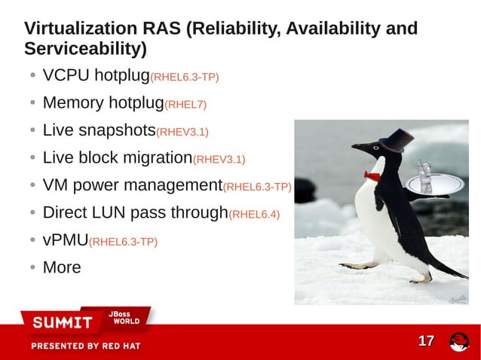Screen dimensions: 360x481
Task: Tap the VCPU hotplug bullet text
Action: [x=97, y=76]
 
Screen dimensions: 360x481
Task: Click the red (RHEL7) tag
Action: [x=185, y=104]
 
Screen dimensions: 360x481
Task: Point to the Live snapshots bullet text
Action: [x=99, y=130]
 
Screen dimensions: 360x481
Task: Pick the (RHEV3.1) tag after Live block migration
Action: [x=219, y=159]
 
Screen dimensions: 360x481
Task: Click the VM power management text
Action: [x=133, y=185]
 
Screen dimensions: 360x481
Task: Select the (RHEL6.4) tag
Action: [x=254, y=214]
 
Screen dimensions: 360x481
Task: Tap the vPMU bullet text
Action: [x=65, y=240]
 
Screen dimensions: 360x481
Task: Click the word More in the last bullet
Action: [x=62, y=267]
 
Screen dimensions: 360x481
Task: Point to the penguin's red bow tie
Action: [x=372, y=175]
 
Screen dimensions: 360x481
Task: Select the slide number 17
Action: [x=426, y=341]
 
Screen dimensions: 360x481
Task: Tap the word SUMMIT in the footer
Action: [x=62, y=323]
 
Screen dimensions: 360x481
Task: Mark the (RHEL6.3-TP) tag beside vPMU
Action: [x=124, y=242]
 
